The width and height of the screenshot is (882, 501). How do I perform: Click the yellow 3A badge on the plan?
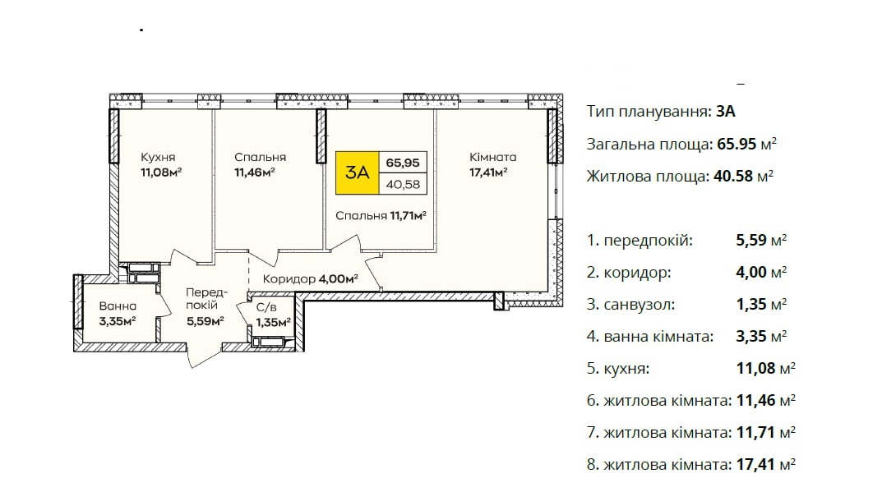358,172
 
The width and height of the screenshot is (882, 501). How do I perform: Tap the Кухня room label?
158,158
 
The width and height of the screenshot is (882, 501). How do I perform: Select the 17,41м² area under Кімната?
487,172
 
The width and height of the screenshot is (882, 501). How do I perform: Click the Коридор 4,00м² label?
310,279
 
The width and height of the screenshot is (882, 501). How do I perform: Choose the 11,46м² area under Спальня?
254,172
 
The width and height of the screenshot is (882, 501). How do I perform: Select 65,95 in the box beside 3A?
404,163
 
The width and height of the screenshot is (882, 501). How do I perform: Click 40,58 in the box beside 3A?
404,184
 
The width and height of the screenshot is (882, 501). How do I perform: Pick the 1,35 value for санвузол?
752,304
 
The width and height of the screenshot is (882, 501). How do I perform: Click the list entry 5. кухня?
619,368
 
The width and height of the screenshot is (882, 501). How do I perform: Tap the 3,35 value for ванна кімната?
752,336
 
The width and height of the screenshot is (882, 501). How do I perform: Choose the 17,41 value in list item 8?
754,465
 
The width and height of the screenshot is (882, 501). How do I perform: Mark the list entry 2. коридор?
629,273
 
